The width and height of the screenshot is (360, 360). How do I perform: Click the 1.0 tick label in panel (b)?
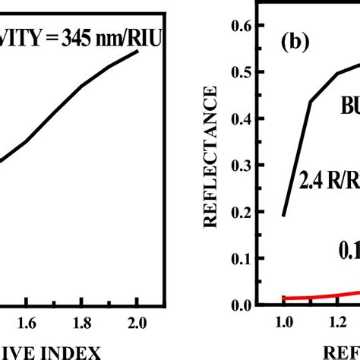283,322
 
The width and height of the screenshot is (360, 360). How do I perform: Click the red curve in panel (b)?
319,296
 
